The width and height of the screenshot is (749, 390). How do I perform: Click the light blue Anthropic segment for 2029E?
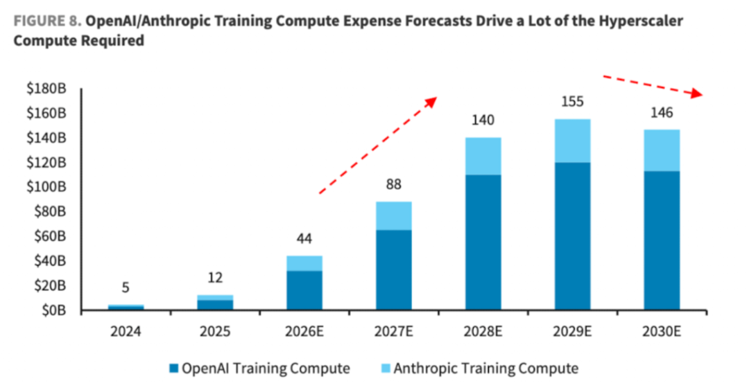572,141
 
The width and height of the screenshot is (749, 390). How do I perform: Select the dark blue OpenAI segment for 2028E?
483,242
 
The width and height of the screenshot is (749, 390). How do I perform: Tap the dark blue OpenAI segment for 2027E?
393,270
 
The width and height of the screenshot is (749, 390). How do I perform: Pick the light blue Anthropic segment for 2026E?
304,263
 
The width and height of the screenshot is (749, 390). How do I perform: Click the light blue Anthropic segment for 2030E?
662,150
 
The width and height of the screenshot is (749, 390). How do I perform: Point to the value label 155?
572,102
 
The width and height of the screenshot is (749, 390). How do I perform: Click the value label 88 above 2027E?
393,185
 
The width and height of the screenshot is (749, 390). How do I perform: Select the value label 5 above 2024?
126,287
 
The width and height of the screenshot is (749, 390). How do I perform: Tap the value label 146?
662,113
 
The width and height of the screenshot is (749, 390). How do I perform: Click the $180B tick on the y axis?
46,89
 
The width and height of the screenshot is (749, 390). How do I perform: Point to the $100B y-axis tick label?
46,188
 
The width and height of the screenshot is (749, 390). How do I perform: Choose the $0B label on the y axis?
52,310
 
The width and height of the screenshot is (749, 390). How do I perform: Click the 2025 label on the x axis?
215,331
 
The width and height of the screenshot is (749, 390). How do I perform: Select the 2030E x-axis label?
662,331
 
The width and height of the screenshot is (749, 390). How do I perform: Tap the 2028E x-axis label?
483,331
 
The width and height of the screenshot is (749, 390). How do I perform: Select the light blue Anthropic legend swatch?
385,369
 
